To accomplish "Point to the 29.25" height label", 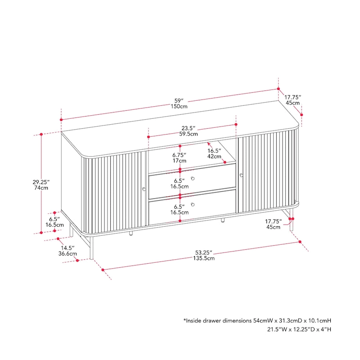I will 40,182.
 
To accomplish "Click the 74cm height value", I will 41,189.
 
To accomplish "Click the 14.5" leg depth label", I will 68,247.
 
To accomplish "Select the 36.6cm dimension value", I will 68,253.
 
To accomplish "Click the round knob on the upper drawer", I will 193,179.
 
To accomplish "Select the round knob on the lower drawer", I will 193,205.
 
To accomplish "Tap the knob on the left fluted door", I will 144,189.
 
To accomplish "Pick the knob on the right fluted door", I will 241,175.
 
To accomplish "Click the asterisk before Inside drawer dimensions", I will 184,321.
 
